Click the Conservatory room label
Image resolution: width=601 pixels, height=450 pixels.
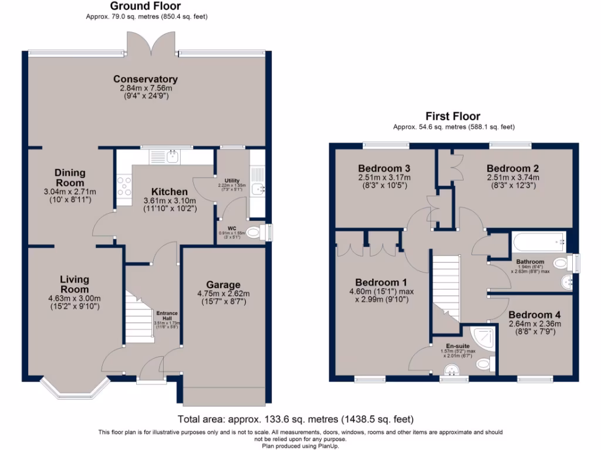pos(145,79)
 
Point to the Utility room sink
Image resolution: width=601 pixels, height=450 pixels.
pos(258,188)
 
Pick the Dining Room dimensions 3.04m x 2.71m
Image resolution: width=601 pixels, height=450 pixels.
pos(70,192)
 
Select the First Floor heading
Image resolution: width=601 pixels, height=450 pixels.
pos(453,116)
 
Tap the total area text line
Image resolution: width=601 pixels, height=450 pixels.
pos(296,420)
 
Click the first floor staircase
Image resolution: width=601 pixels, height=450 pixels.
pos(446,287)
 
